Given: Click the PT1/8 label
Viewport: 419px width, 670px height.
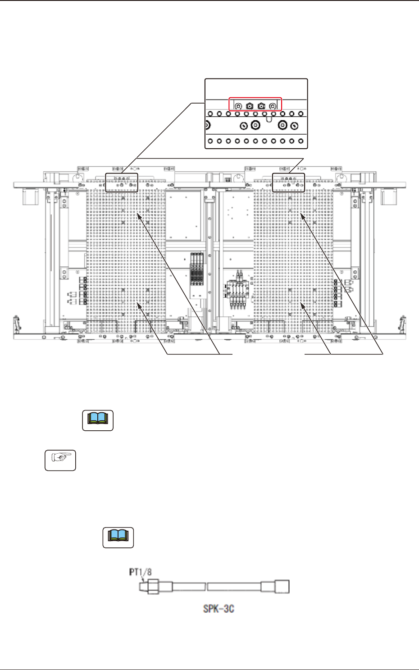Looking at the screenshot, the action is click(x=141, y=572).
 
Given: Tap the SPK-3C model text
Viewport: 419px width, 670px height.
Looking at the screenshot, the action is click(x=219, y=609).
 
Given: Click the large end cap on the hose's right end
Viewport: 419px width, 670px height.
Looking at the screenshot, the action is click(x=281, y=587).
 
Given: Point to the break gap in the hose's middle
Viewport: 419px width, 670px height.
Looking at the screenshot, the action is click(x=206, y=587).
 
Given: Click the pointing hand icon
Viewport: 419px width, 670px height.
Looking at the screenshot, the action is click(x=60, y=460).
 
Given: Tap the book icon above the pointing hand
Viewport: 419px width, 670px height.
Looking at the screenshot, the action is click(x=98, y=420).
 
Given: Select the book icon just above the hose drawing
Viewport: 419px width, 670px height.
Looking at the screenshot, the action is click(x=118, y=537).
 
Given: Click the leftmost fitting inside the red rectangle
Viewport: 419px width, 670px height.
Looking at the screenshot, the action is click(x=238, y=106).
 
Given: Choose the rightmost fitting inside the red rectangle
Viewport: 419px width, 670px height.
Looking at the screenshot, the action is click(x=273, y=106).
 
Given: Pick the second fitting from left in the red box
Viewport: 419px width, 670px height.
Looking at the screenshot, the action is click(x=250, y=106).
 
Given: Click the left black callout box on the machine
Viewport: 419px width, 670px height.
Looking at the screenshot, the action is click(x=122, y=182).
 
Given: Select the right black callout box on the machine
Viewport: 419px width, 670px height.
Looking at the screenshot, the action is click(x=289, y=182).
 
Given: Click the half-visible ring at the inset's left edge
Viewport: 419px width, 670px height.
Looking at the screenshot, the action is click(x=208, y=125).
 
